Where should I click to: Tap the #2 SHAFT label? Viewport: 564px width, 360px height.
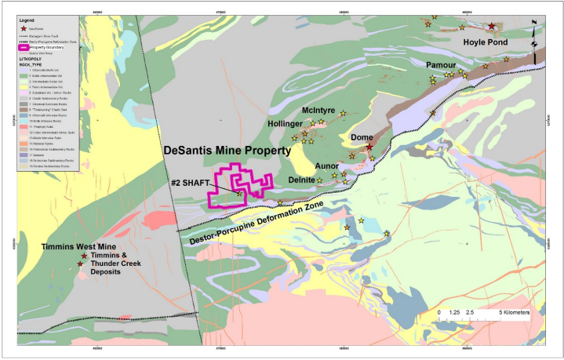coord(191,183)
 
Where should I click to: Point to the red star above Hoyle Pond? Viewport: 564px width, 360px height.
coord(492,26)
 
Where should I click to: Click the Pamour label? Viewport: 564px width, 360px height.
coord(441,65)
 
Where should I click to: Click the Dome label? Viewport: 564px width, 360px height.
coord(362,137)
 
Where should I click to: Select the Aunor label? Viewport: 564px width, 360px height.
coord(326,166)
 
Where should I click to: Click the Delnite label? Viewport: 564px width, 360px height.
coord(301,180)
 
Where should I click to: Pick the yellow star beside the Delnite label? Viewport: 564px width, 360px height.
coord(320,180)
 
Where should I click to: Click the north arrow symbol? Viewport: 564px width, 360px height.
coord(534,32)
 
